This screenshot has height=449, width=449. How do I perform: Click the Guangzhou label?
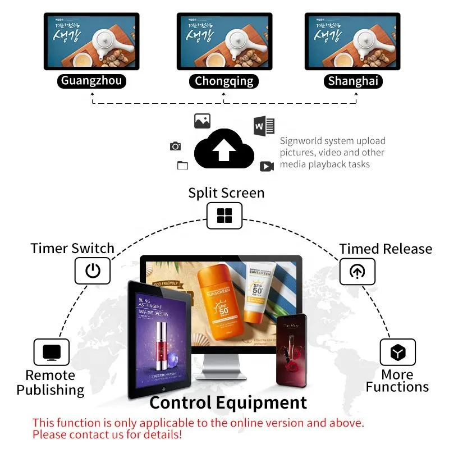[91, 81]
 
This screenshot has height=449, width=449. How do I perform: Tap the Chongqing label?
[224, 81]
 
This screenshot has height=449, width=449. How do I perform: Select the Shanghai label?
[353, 81]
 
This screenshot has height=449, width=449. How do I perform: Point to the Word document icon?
[264, 126]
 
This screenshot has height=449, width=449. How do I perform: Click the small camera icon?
[176, 146]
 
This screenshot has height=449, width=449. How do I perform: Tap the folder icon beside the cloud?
[182, 165]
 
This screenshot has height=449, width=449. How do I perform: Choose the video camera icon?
[267, 166]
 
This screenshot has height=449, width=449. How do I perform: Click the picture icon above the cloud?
[202, 121]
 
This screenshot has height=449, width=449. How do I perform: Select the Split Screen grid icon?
[224, 216]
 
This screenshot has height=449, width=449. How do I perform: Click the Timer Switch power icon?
[93, 271]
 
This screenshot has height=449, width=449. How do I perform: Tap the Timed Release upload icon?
[357, 272]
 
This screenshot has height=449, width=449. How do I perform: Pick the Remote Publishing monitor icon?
[52, 352]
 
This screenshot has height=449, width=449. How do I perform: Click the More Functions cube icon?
[398, 352]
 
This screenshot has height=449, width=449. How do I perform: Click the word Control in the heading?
[180, 402]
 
